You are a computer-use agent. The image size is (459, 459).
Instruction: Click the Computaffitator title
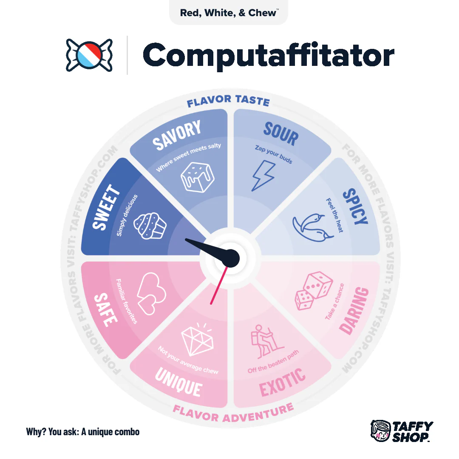269,55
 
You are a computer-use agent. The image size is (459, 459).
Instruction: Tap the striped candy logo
89,55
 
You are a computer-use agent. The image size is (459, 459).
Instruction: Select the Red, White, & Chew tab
229,13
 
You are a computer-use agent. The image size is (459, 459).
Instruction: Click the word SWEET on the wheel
106,207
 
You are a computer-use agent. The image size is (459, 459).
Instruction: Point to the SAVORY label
177,135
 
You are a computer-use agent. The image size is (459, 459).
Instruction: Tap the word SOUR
281,134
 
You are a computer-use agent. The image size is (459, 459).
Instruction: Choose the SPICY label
355,207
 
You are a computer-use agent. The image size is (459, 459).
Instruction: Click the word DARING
354,311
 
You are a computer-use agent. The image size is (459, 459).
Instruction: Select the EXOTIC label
283,382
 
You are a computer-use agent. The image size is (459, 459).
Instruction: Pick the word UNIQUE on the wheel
178,382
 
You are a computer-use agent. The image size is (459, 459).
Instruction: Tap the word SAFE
106,310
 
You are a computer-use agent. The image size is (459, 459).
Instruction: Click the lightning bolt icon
264,176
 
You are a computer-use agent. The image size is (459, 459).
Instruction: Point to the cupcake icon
150,226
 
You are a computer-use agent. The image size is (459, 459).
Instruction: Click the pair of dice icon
314,291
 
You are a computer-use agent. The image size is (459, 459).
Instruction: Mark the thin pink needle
219,286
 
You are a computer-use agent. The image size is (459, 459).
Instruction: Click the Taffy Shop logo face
380,431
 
